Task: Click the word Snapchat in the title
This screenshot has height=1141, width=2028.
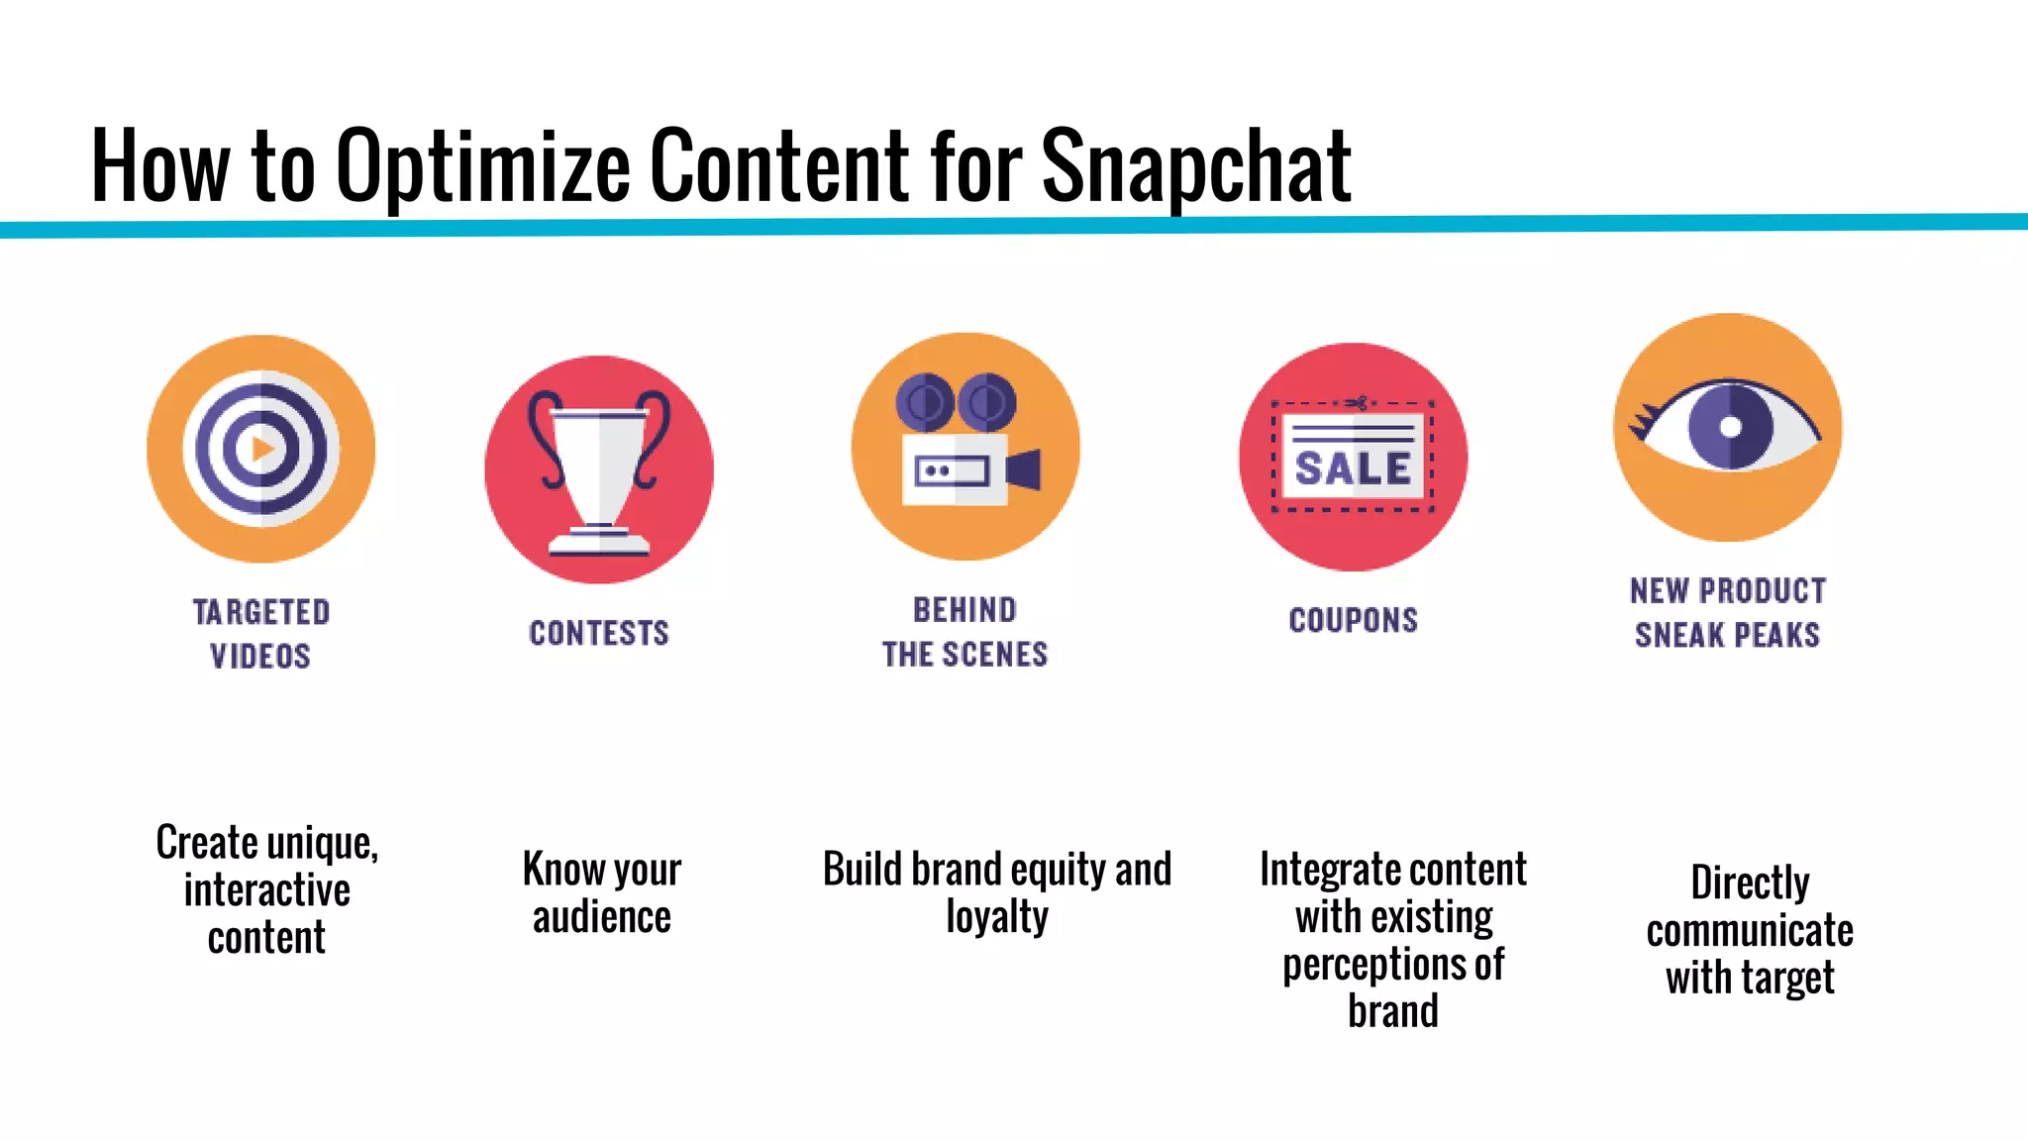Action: (1195, 166)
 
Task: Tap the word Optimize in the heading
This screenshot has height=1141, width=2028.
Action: (483, 166)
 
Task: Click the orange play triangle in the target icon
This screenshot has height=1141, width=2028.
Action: (262, 449)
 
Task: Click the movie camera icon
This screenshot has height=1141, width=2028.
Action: (965, 446)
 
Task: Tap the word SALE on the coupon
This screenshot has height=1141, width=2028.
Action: (1353, 468)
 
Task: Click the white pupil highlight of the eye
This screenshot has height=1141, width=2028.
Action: (1730, 427)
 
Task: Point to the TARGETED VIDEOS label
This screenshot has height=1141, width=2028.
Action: (260, 634)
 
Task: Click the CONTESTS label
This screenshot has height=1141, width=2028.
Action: (599, 633)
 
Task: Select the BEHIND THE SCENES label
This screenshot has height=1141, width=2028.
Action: (965, 632)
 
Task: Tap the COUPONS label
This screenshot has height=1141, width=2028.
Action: (1353, 620)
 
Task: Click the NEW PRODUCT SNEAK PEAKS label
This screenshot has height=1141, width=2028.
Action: (1728, 612)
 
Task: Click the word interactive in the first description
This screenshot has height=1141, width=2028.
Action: (266, 889)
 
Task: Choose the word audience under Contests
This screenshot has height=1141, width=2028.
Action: (601, 917)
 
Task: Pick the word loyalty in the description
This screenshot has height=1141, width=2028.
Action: (996, 917)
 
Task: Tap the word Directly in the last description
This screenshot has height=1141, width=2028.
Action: (1750, 882)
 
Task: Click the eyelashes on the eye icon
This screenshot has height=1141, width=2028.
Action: (1644, 420)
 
